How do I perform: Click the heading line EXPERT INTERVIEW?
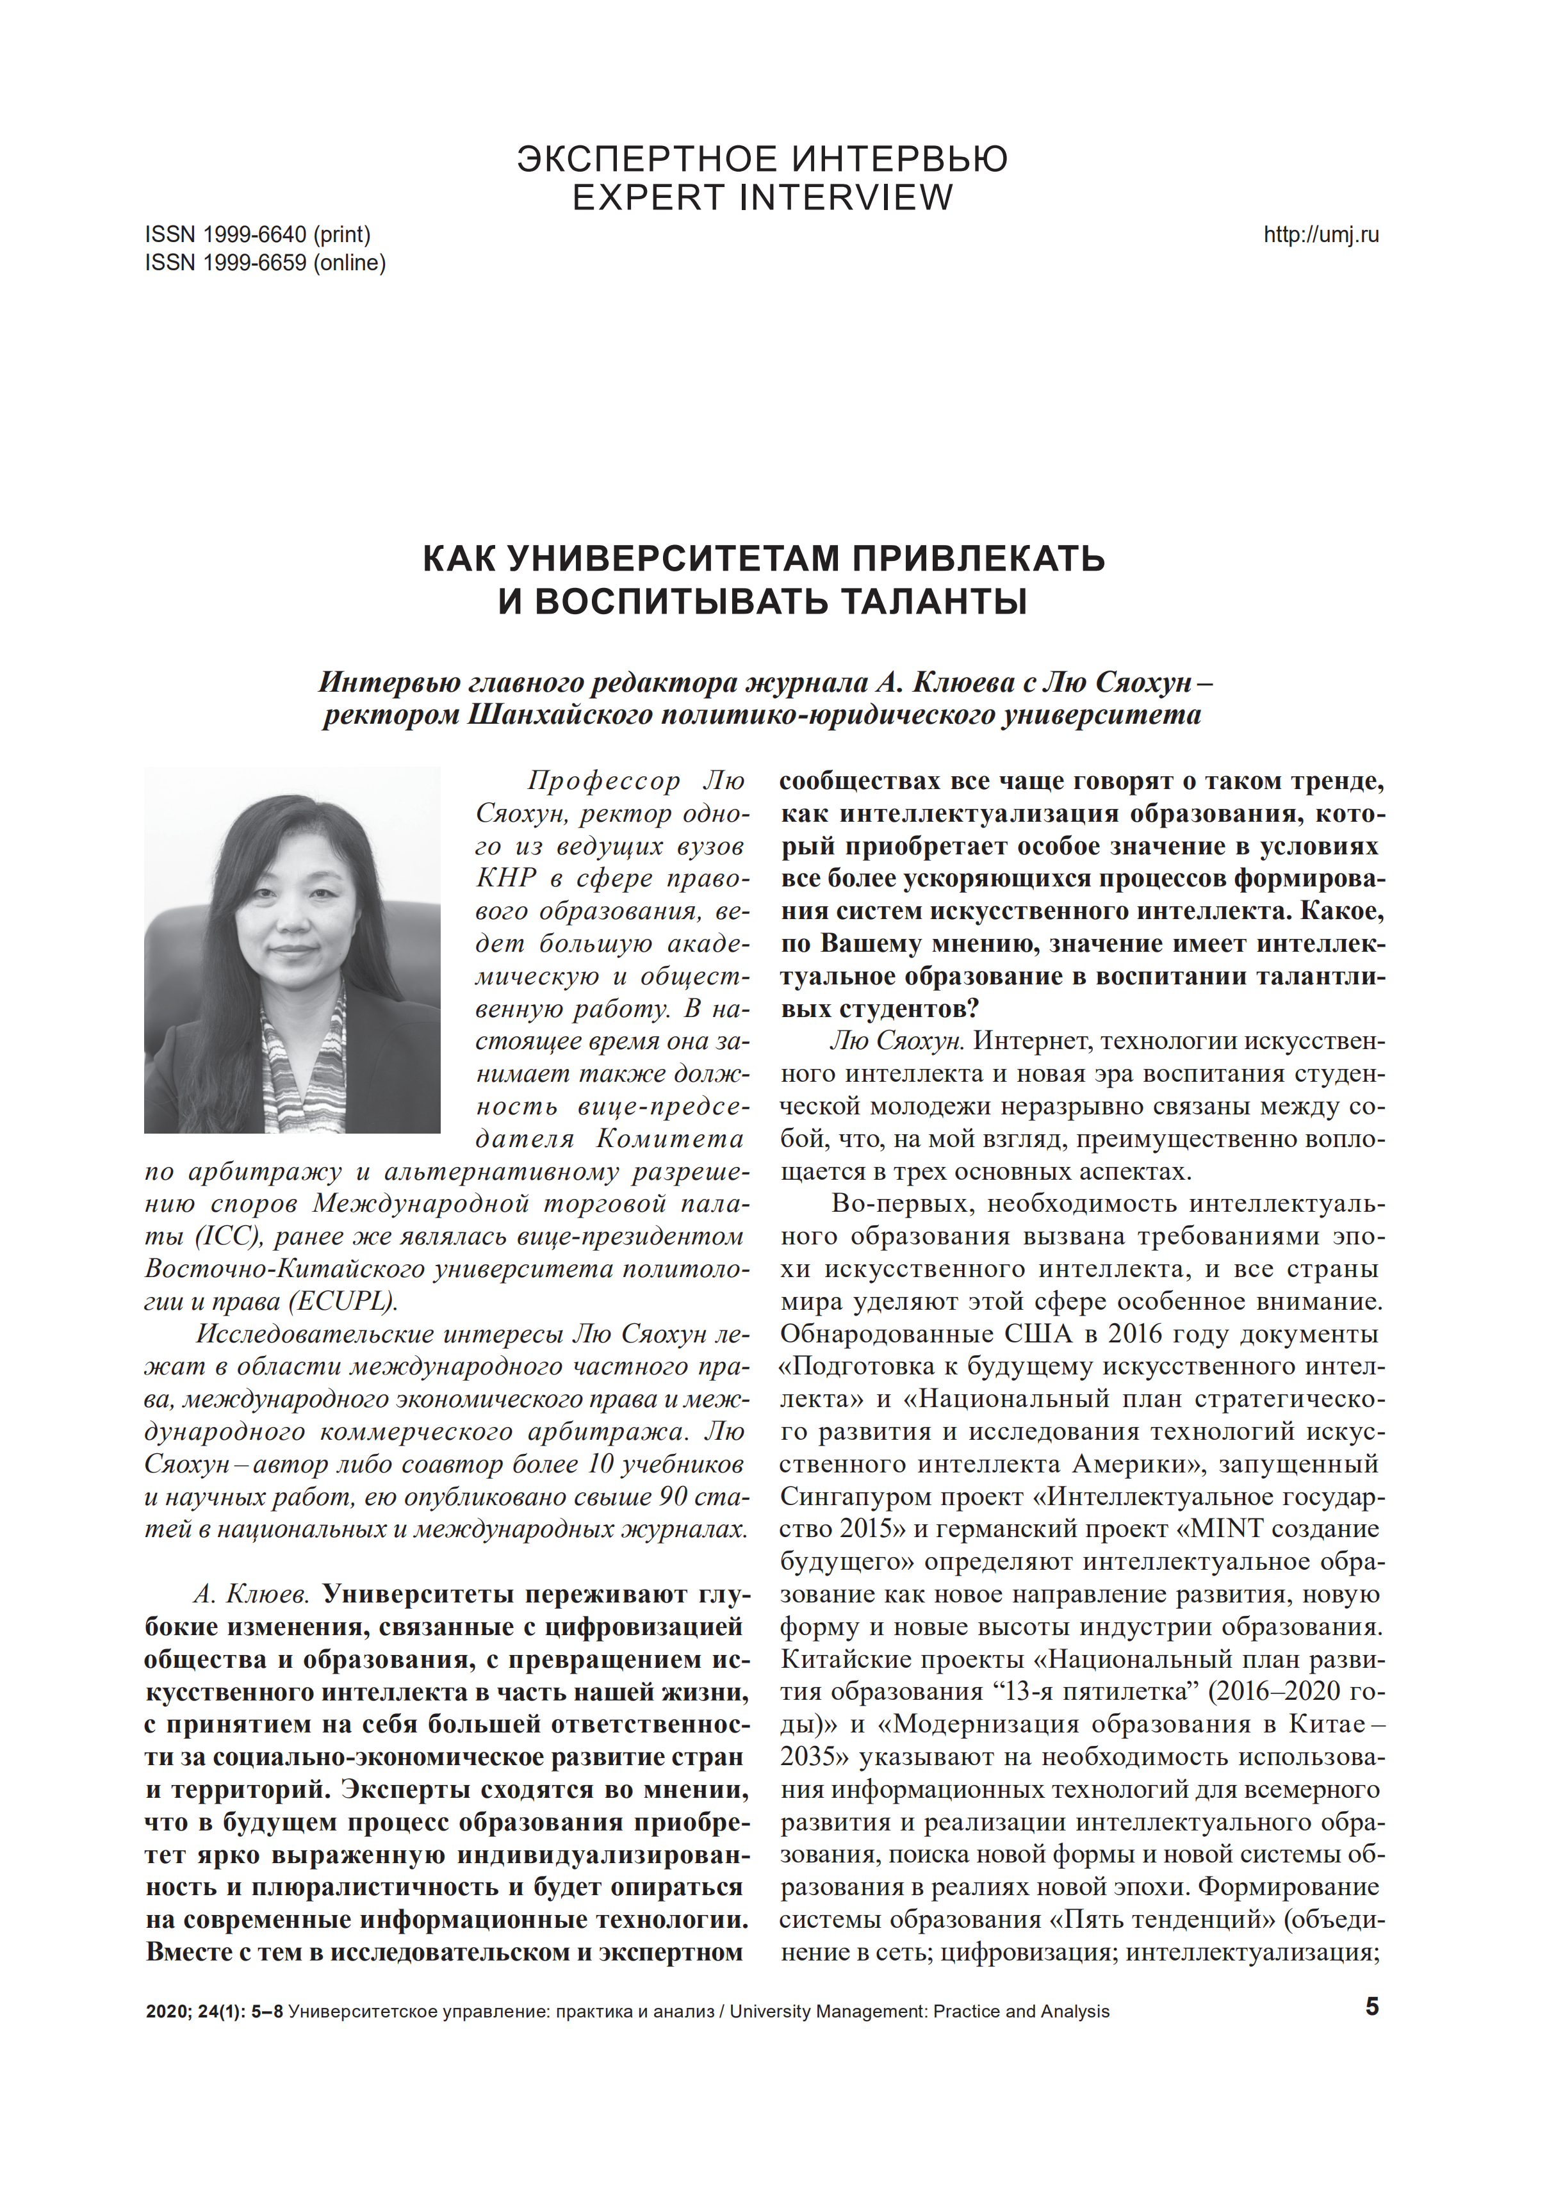point(763,197)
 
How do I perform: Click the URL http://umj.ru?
point(1321,235)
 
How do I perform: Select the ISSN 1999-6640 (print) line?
point(258,235)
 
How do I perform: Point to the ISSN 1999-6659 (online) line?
point(265,263)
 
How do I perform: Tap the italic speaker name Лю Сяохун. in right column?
point(897,1041)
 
